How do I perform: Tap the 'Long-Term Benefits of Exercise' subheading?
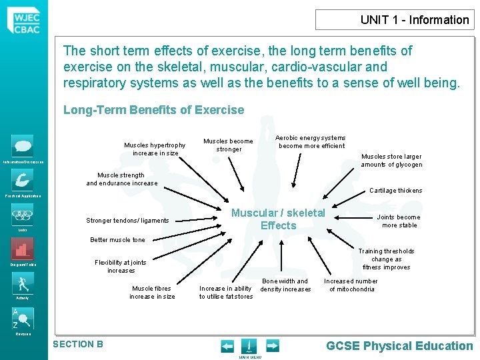(153, 110)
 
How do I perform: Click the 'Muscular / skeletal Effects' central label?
(278, 219)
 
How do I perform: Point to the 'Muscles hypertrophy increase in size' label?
(155, 149)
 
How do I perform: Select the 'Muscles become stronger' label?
(228, 145)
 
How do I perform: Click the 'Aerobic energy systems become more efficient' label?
(311, 141)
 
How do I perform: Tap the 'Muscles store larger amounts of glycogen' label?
(391, 160)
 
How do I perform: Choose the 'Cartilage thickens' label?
(395, 191)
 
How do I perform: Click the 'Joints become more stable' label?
(399, 221)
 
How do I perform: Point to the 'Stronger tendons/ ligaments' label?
(127, 221)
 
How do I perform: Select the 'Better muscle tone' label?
(117, 240)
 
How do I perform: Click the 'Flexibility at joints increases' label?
(120, 267)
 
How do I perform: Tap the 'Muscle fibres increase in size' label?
(152, 292)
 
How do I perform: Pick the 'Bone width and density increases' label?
(285, 285)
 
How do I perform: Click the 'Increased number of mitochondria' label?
(351, 285)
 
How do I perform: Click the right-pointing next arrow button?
(272, 345)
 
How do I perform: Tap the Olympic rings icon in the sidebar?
(22, 216)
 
